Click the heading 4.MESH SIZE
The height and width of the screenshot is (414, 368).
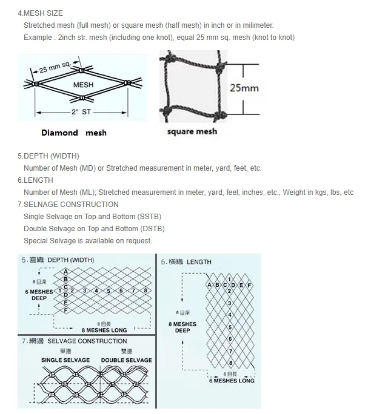(40, 13)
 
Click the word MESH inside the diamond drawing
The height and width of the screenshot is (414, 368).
(83, 85)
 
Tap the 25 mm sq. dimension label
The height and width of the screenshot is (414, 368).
(54, 67)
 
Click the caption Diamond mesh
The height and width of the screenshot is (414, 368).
(73, 133)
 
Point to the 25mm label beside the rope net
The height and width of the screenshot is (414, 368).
(244, 88)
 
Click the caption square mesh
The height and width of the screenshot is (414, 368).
(192, 131)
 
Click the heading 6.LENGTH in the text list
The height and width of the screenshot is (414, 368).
(35, 180)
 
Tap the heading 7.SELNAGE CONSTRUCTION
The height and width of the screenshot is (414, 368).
(68, 204)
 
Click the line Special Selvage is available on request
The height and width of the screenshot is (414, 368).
(87, 240)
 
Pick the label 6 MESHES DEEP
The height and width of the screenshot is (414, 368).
(39, 295)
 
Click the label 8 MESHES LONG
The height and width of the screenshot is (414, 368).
(104, 330)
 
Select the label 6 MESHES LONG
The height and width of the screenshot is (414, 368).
(232, 380)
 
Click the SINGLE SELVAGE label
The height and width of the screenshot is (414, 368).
(65, 360)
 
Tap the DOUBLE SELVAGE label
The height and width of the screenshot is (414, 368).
(126, 360)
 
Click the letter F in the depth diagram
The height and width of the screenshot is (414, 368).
(66, 309)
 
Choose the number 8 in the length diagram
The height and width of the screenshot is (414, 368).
(230, 363)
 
